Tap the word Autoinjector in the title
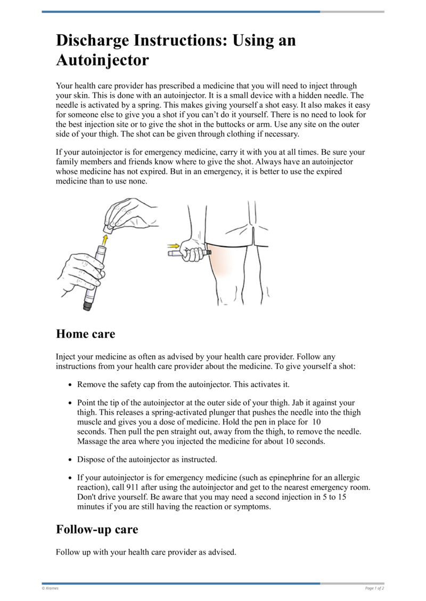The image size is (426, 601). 102,60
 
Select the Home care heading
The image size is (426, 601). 85,334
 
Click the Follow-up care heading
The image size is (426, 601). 97,529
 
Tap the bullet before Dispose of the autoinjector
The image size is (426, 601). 71,459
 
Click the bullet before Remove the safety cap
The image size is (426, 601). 71,384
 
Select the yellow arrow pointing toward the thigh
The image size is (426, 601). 173,246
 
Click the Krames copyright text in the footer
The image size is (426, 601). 50,588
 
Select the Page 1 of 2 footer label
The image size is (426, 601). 374,588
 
